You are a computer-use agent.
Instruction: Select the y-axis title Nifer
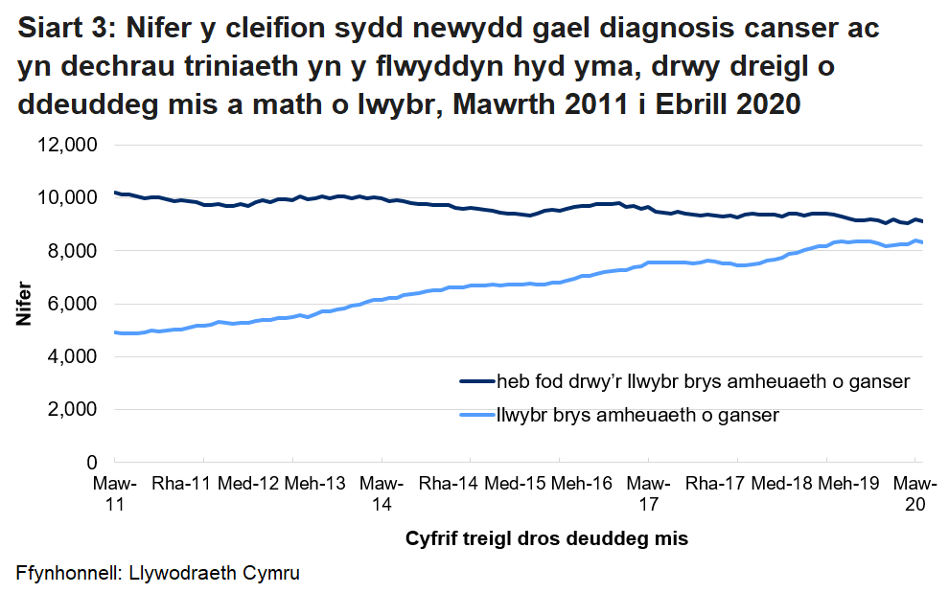(23, 304)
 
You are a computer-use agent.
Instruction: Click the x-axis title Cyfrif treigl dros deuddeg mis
(546, 537)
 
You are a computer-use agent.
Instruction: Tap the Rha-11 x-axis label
(181, 483)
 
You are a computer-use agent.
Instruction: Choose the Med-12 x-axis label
(247, 483)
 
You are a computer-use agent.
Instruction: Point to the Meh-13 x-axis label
(314, 483)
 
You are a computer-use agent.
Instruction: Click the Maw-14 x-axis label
(382, 493)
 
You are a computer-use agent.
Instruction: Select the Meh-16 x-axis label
(581, 483)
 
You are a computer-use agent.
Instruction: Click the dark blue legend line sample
(476, 382)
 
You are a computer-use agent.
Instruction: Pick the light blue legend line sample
(476, 415)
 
